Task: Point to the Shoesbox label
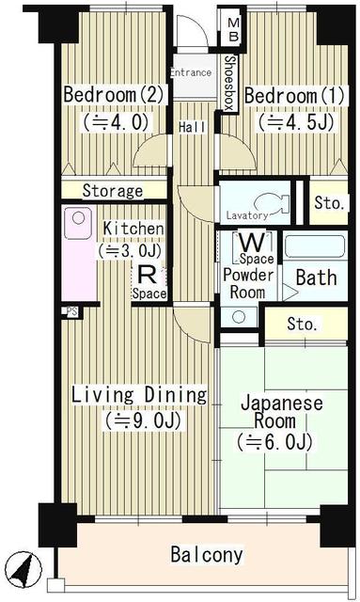point(229,84)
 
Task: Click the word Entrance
point(189,72)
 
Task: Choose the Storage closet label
point(112,191)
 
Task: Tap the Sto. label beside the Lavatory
point(327,201)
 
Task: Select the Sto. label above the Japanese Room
point(302,325)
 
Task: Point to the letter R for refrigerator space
point(147,274)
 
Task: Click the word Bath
point(316,278)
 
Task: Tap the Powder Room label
point(248,283)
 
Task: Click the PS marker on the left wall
point(70,311)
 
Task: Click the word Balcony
point(206,555)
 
